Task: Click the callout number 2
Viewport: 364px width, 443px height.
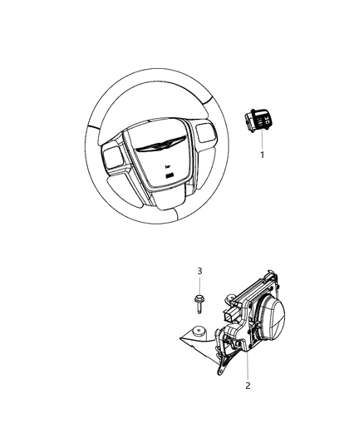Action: coord(248,385)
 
